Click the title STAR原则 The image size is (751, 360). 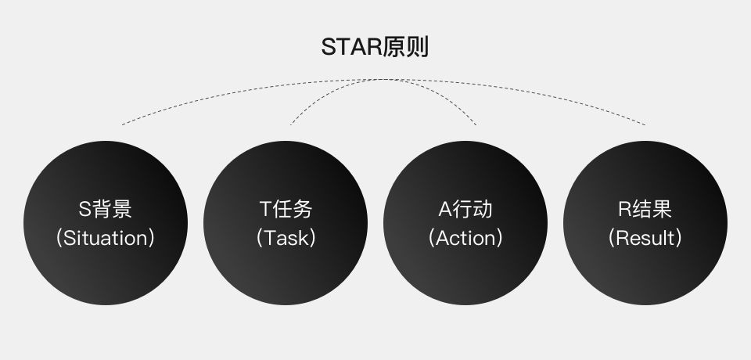(375, 47)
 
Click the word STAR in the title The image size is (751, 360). (352, 47)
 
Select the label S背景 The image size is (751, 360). (106, 209)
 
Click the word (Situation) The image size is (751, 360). (106, 238)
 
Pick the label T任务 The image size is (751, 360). (286, 209)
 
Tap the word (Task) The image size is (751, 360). (286, 238)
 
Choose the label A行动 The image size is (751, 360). (465, 209)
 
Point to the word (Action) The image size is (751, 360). (465, 238)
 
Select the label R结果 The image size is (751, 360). (645, 209)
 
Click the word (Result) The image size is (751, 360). (645, 238)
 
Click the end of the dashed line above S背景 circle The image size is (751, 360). (122, 124)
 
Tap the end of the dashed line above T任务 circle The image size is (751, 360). (290, 124)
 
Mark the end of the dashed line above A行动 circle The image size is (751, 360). (476, 124)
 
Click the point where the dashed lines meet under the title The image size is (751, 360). (383, 79)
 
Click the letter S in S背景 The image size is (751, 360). (85, 210)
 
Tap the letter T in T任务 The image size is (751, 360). (265, 210)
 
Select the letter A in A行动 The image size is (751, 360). (444, 210)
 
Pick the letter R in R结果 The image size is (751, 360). (625, 210)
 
